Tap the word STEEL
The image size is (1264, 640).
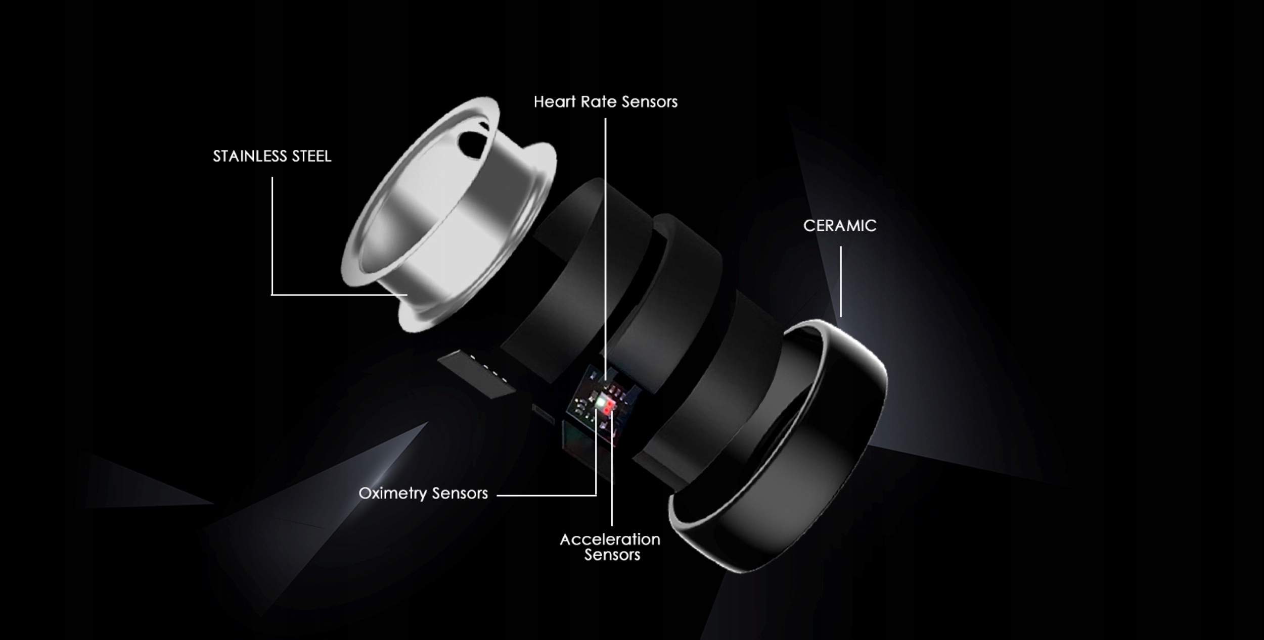(x=311, y=156)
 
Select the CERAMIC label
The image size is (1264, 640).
(x=840, y=225)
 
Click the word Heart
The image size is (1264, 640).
(x=555, y=102)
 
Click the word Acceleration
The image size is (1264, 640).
(x=610, y=539)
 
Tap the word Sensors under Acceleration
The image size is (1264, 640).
(x=612, y=555)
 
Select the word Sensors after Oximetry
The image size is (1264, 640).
(x=460, y=493)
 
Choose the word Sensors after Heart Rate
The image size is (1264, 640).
(x=649, y=102)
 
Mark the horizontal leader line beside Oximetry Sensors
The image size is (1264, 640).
(x=546, y=496)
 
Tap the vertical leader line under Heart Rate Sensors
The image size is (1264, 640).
(x=605, y=227)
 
